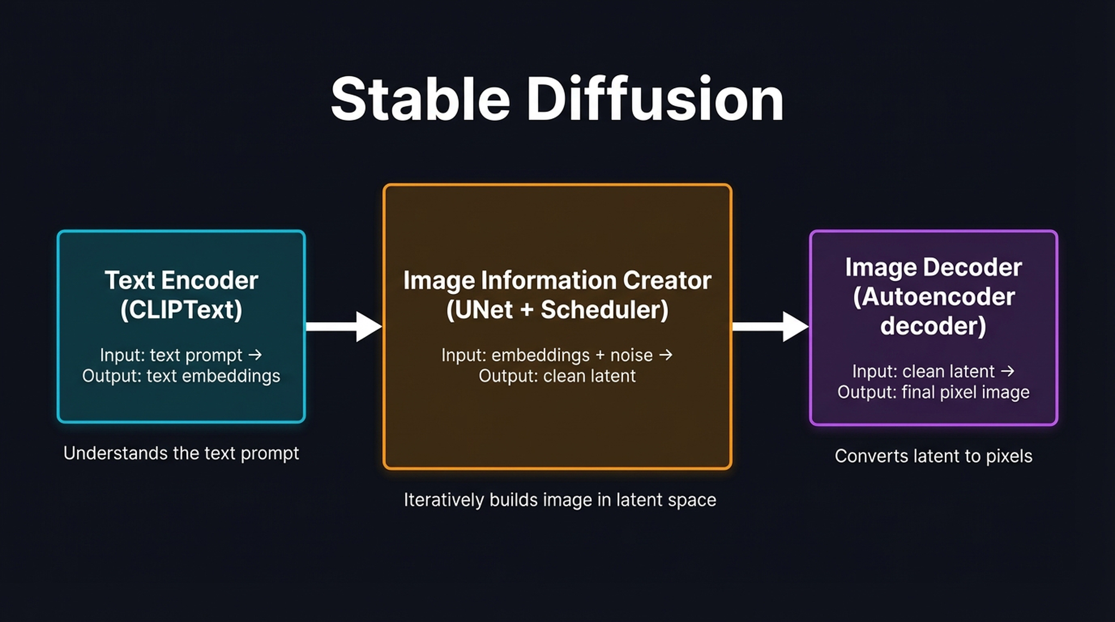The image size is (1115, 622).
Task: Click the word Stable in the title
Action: pos(420,100)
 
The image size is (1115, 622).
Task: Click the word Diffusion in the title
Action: pos(654,100)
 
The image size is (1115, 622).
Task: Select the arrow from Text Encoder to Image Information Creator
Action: pos(343,327)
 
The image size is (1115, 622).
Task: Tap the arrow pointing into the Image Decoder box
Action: pos(770,327)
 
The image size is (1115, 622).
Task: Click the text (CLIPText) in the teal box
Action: pos(181,310)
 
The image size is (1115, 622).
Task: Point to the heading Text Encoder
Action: pos(181,281)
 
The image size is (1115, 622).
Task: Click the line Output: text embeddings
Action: pos(181,376)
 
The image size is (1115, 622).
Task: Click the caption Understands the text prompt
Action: pos(181,453)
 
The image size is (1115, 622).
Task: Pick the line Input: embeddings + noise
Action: pos(547,355)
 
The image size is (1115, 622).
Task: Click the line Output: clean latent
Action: pos(557,376)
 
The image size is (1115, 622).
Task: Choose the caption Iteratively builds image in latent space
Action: pos(560,500)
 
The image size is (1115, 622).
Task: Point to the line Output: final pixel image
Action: pos(933,392)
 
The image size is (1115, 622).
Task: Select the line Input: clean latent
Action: pos(923,372)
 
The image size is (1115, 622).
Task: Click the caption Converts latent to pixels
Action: pos(933,456)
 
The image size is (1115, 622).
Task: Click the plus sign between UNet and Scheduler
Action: pos(526,310)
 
